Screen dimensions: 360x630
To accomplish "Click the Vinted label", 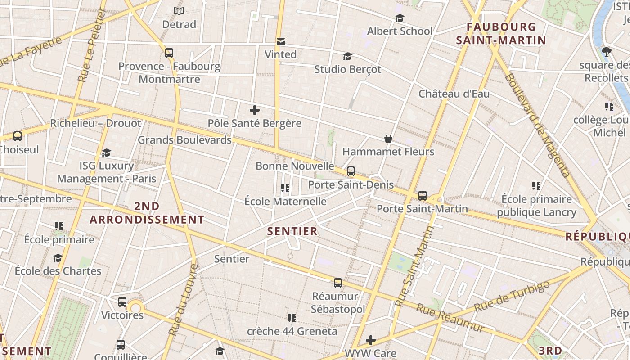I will tap(280, 54).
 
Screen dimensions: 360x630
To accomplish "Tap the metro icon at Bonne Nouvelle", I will tap(351, 171).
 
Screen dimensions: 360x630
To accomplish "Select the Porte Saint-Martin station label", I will tap(422, 209).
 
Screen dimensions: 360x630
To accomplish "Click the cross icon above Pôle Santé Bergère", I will tap(255, 110).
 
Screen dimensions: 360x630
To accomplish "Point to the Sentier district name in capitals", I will tap(292, 231).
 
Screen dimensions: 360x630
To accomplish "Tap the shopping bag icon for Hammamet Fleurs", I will tap(388, 139).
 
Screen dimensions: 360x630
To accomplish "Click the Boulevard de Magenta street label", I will tap(536, 125).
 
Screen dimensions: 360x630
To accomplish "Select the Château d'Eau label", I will tap(454, 94).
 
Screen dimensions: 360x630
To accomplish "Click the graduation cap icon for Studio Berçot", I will tap(347, 56).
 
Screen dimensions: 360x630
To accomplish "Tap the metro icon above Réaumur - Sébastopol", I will tap(338, 283).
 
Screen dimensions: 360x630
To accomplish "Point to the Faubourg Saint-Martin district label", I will tap(501, 34).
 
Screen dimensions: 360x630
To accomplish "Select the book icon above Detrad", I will tap(179, 11).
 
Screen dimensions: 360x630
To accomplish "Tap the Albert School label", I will tap(400, 31).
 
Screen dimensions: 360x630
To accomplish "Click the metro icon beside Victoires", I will tap(122, 301).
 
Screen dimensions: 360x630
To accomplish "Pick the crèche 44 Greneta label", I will tap(292, 331).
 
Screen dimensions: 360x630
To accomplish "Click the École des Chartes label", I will tap(58, 271).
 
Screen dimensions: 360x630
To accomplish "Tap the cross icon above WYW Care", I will tap(371, 340).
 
